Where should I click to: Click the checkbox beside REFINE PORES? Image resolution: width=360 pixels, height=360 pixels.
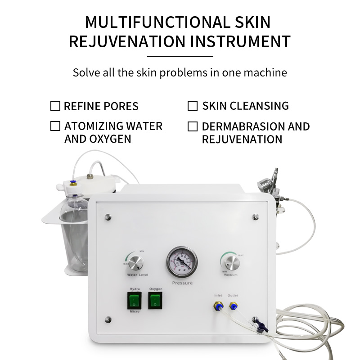[x=55, y=106]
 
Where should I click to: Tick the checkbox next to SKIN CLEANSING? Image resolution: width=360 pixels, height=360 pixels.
[x=193, y=106]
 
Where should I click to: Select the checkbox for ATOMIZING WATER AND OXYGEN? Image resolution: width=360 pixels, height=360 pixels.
[x=55, y=126]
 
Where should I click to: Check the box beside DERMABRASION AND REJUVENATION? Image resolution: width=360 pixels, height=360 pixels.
[x=193, y=126]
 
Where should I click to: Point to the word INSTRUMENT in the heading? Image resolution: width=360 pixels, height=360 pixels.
[x=241, y=41]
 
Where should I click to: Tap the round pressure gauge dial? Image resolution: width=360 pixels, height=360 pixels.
[x=182, y=261]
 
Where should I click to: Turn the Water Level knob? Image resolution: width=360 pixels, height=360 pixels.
[x=135, y=262]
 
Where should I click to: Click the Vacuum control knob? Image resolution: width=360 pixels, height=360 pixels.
[x=230, y=261]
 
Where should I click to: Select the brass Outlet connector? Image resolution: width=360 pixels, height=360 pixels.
[x=233, y=306]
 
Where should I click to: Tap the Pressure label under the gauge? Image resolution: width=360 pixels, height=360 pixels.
[x=182, y=283]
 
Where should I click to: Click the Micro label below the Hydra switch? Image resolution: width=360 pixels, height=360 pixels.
[x=135, y=311]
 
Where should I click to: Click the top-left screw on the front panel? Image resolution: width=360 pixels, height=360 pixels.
[x=108, y=216]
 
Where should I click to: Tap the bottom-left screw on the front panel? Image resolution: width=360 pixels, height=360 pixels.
[x=108, y=320]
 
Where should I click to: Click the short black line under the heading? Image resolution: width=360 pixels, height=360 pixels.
[x=180, y=56]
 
